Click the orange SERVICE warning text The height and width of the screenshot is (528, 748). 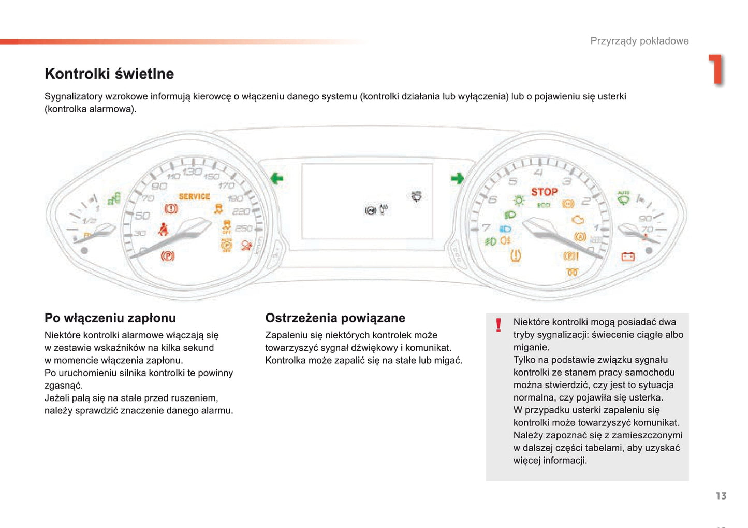(194, 196)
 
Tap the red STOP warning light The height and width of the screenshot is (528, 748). (544, 192)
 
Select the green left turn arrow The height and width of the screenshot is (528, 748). (277, 179)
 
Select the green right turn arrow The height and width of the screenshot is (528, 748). (457, 179)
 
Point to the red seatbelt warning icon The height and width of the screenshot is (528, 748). (164, 229)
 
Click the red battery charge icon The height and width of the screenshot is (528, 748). (628, 256)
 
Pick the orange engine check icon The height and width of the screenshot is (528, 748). (578, 220)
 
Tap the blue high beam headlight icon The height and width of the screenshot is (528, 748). (505, 229)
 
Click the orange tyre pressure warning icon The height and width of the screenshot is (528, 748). (516, 255)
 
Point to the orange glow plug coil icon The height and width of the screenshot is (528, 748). (572, 272)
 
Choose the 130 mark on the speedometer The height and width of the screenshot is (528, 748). (192, 172)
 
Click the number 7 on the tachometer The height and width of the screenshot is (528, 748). (486, 227)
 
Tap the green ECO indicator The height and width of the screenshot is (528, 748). (543, 205)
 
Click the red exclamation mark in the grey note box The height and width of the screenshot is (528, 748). (498, 325)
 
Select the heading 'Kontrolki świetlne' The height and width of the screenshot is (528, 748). (109, 74)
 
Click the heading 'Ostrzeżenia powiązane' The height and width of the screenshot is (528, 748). (335, 318)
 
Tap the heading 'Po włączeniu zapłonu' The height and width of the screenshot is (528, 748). (110, 318)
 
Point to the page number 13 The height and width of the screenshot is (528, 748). (721, 496)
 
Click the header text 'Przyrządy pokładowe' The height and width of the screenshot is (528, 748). (639, 41)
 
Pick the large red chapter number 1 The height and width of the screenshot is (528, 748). (716, 69)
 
